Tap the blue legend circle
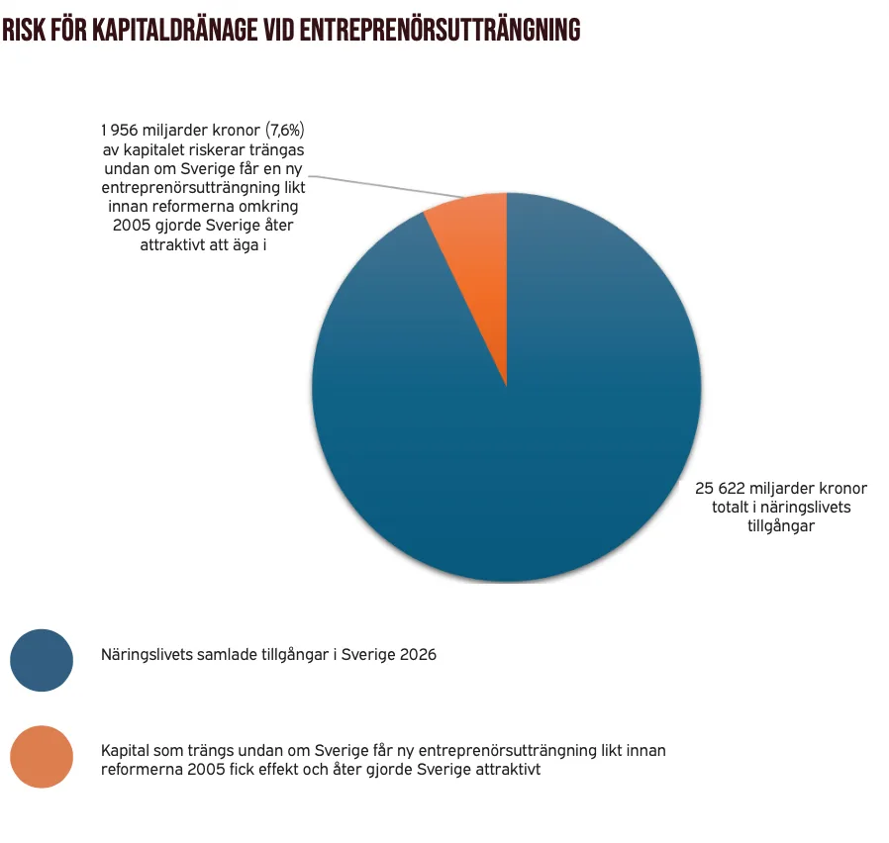click(x=42, y=660)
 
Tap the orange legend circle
click(x=42, y=756)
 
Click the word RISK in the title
click(x=24, y=30)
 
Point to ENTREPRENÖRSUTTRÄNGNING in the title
click(x=440, y=30)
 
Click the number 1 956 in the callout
click(x=120, y=131)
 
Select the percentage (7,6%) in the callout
click(x=284, y=131)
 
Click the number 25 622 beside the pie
click(x=720, y=489)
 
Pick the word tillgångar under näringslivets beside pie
click(x=781, y=526)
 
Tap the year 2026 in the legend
click(x=418, y=655)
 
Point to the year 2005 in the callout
click(x=132, y=226)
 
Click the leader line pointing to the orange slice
click(x=387, y=187)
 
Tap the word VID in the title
click(x=279, y=30)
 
